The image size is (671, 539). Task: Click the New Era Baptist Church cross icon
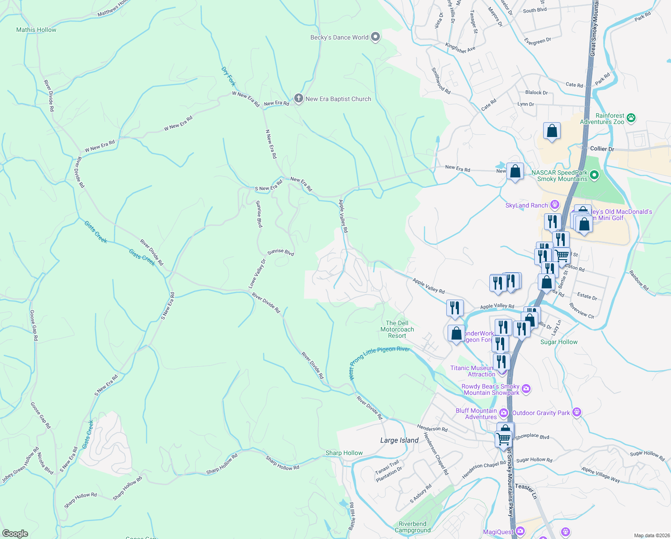(299, 98)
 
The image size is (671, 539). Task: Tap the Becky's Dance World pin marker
(375, 37)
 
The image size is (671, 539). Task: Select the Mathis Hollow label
(36, 30)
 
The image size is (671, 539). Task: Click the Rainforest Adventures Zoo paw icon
(631, 118)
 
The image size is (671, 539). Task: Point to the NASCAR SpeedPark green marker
(594, 175)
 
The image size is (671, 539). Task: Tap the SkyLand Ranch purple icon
(555, 205)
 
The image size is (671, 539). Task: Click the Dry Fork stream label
(228, 76)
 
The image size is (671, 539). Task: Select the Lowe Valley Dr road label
(257, 274)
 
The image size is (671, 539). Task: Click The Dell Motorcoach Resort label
(397, 329)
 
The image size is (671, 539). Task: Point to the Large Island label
(399, 440)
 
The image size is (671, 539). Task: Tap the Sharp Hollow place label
(344, 453)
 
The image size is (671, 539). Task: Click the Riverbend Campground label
(413, 527)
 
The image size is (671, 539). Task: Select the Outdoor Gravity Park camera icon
(577, 412)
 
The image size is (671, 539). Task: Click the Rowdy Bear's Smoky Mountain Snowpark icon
(526, 389)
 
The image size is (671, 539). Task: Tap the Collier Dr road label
(602, 149)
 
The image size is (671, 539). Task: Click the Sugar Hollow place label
(559, 342)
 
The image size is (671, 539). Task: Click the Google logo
(15, 533)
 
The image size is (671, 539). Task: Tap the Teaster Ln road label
(526, 491)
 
